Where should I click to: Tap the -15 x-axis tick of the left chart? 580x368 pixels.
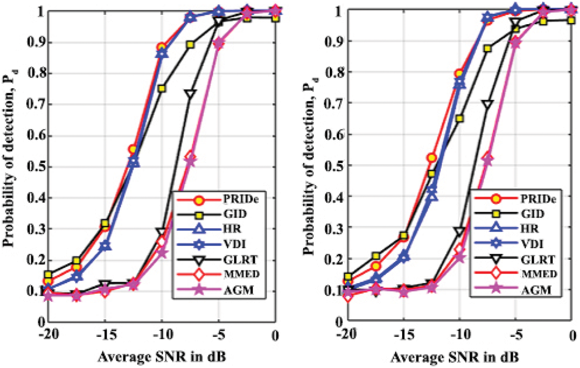coord(104,334)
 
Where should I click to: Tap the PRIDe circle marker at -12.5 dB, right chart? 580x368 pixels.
coord(431,158)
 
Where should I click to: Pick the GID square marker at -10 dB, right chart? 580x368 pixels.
coord(460,118)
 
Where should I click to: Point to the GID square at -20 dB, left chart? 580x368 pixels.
coord(48,275)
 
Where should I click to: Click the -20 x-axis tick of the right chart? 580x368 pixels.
coord(344,334)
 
